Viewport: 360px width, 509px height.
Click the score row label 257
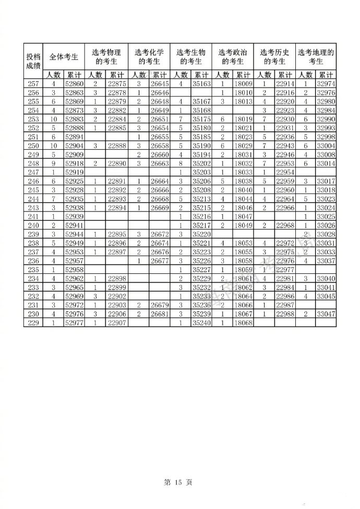tap(32, 84)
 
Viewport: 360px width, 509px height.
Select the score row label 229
tap(32, 323)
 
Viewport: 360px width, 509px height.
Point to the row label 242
tap(32, 212)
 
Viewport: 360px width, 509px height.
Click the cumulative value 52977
tap(75, 323)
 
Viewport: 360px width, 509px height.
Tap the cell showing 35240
tap(201, 323)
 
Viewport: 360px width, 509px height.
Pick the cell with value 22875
tap(117, 84)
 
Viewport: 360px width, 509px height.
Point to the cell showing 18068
tap(243, 323)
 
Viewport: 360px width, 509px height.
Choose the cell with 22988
tap(285, 315)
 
